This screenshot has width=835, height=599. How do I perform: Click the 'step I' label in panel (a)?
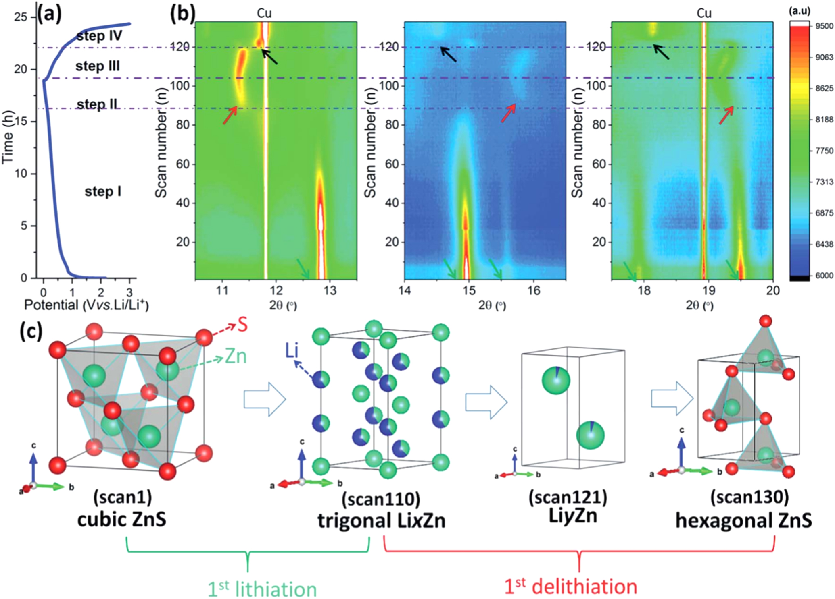coord(103,192)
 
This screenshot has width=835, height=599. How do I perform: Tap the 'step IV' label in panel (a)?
coord(99,36)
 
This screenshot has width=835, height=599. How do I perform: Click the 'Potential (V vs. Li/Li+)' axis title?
coord(86,305)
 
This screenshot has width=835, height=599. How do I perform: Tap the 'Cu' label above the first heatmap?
coord(264,13)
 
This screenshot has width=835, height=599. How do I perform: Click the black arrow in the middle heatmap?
coord(448,54)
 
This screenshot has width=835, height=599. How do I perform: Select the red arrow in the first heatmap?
coord(230,115)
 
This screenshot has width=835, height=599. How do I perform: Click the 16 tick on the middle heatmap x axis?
coord(534,291)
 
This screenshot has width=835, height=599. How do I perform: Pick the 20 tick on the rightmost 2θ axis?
coord(772,291)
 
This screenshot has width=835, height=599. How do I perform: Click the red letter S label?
coord(242,325)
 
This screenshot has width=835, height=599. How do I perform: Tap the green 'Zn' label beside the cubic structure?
coord(236,356)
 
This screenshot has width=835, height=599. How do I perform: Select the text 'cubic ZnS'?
coord(122,520)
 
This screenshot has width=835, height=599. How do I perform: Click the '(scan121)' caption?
coord(568,498)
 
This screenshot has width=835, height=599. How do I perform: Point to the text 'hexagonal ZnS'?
coord(743,520)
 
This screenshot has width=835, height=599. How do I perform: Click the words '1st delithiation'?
coord(570,587)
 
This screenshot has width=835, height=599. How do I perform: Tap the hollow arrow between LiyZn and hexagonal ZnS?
coord(672,399)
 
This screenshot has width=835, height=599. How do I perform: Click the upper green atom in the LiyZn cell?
coord(556,380)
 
